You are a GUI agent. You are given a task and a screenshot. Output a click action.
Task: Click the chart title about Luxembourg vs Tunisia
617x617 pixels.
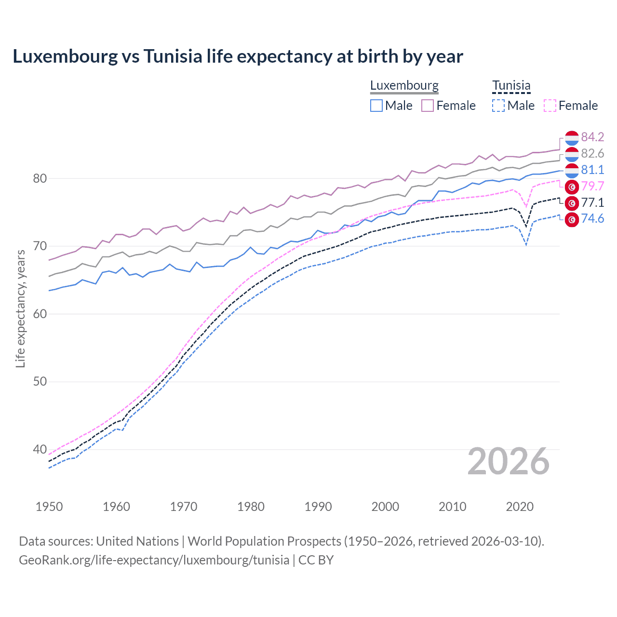pos(238,56)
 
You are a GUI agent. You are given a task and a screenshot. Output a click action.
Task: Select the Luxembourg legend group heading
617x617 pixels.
pos(404,86)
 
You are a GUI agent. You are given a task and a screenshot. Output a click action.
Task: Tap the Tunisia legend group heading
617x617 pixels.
pos(511,86)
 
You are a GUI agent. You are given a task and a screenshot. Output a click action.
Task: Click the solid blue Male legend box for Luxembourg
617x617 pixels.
pos(376,106)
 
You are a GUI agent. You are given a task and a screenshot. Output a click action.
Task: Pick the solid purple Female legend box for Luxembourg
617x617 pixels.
pos(428,106)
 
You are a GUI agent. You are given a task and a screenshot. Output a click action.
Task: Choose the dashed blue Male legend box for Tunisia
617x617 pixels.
pos(498,106)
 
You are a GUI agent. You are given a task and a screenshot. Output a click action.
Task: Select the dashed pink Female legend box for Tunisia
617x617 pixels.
pos(550,106)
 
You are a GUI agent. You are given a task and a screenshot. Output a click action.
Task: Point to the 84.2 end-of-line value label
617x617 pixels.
pos(592,137)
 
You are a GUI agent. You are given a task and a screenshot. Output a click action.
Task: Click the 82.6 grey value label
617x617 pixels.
pos(592,154)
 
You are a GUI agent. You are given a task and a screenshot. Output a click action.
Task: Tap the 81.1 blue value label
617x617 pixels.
pos(592,170)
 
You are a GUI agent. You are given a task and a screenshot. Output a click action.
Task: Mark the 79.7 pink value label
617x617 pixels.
pos(592,187)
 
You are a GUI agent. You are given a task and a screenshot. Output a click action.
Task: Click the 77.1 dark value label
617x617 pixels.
pos(592,203)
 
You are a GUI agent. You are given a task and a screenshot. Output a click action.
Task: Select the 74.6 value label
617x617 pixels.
pos(592,219)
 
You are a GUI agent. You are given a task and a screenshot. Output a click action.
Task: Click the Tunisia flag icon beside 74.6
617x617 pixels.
pos(572,219)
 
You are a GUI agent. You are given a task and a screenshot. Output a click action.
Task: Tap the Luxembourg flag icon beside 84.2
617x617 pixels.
pos(572,138)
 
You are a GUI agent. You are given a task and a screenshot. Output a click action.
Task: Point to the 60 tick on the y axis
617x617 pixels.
pos(40,314)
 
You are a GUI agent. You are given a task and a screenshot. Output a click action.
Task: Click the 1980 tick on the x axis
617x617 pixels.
pos(251,507)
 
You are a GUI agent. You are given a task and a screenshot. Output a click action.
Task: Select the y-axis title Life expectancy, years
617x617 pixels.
pos(20,308)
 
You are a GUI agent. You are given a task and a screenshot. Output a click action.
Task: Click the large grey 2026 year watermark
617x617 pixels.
pos(509,461)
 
